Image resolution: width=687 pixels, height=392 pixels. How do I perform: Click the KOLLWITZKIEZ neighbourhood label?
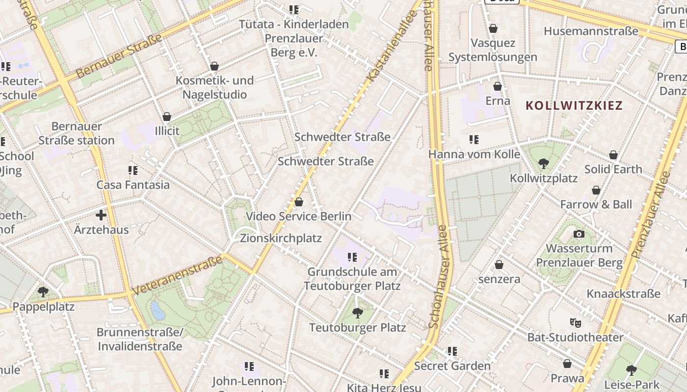click(x=574, y=105)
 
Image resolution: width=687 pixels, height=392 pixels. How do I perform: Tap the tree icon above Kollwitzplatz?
click(x=543, y=164)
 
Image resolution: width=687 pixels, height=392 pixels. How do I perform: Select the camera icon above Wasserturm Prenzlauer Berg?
click(x=579, y=234)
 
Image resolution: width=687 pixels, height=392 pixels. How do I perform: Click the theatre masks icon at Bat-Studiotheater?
click(x=575, y=322)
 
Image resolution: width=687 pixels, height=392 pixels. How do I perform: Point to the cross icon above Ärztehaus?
click(x=101, y=215)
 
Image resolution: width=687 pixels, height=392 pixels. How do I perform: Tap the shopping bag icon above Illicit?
click(x=167, y=117)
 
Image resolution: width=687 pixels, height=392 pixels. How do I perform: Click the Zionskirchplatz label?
click(x=281, y=238)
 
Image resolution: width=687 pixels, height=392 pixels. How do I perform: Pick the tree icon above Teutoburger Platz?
click(x=358, y=313)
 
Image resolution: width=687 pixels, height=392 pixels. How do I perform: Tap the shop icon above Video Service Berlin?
click(x=298, y=202)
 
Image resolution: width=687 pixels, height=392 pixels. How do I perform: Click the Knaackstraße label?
click(x=623, y=294)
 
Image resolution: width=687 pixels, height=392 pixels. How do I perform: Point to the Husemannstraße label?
click(x=591, y=31)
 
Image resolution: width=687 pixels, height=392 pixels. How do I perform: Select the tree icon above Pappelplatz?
click(x=43, y=292)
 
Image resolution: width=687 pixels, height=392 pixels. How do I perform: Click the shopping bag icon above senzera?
click(x=499, y=265)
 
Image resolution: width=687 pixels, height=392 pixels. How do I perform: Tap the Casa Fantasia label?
click(x=133, y=185)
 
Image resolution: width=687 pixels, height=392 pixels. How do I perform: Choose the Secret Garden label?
click(x=452, y=366)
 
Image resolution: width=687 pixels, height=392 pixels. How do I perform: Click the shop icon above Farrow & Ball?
click(x=596, y=190)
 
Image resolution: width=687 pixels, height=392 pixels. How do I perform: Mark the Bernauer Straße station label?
click(x=76, y=133)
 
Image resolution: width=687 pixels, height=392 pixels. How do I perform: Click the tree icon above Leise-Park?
click(x=631, y=370)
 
